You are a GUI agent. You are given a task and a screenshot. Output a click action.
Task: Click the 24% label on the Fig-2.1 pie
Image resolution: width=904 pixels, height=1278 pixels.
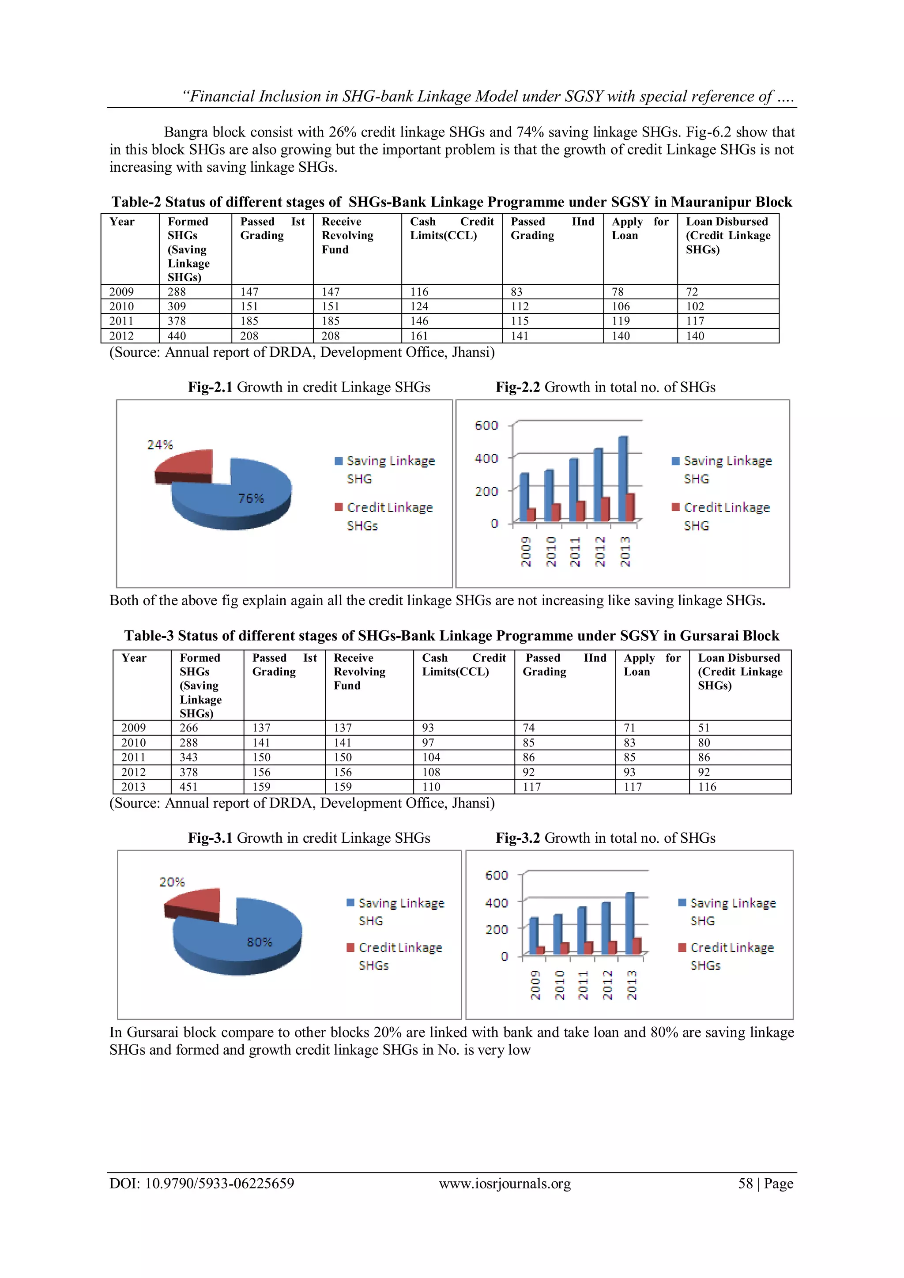point(160,444)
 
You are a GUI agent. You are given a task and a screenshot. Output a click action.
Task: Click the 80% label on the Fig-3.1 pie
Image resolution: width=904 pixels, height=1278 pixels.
point(260,942)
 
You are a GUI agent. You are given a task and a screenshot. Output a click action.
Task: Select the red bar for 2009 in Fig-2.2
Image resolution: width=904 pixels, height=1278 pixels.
point(531,514)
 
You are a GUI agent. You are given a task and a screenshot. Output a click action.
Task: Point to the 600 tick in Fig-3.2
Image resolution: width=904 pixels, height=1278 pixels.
point(497,875)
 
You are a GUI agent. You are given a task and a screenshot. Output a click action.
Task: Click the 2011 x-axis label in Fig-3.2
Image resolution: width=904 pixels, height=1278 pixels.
point(583,985)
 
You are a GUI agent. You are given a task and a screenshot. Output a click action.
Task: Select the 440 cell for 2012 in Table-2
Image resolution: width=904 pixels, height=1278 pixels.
point(177,336)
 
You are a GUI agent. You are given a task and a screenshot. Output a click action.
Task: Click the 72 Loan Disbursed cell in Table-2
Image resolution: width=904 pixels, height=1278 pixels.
point(692,292)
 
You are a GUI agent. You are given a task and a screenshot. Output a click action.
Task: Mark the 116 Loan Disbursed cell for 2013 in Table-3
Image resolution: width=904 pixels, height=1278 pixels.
point(707,787)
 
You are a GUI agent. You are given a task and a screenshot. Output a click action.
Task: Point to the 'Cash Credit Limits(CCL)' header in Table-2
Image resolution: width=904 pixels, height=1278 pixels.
point(452,228)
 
